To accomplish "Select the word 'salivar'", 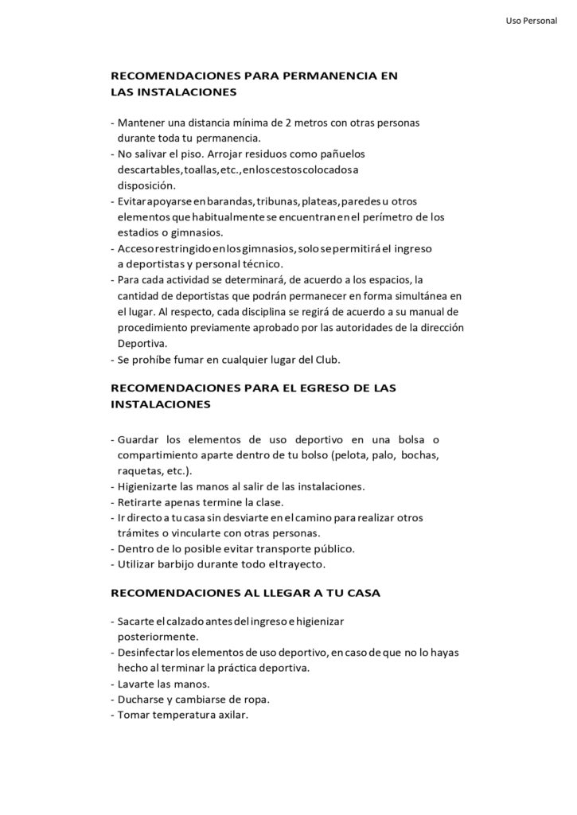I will (x=152, y=154).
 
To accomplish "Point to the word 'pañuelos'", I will (x=343, y=154).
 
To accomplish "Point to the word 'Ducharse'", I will (x=142, y=700).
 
